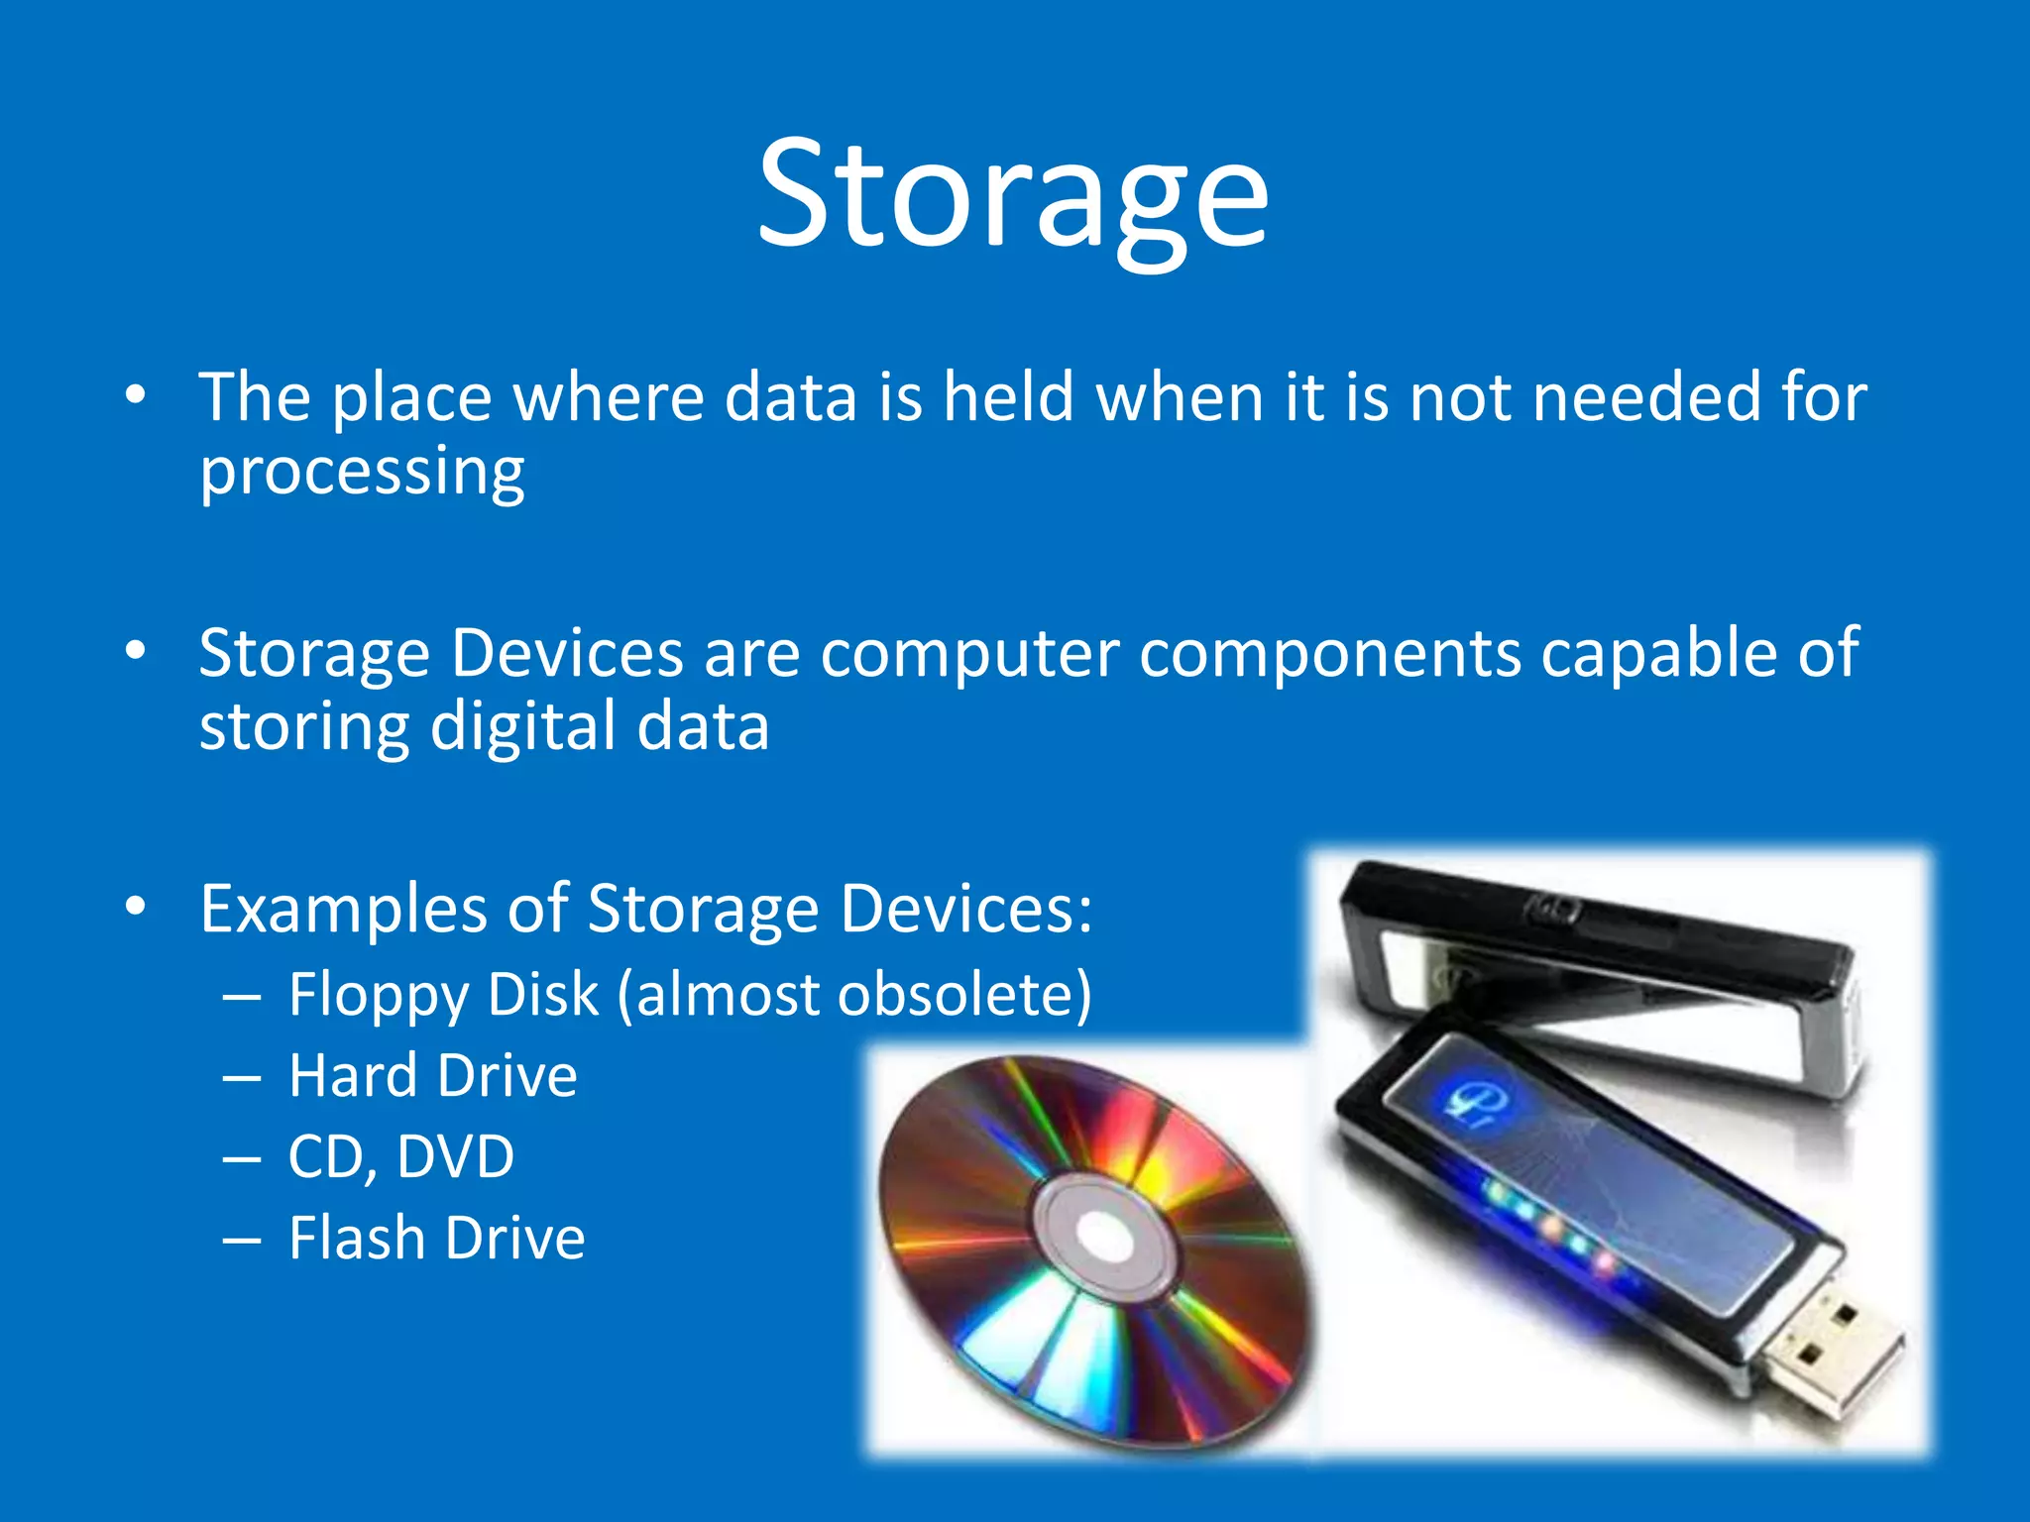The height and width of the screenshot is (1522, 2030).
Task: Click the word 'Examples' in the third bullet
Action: [x=343, y=909]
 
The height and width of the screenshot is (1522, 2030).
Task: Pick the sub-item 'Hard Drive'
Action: [x=432, y=1075]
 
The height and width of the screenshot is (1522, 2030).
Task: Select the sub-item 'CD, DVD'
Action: [x=400, y=1156]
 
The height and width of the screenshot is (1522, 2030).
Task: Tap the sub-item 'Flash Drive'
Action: [x=436, y=1238]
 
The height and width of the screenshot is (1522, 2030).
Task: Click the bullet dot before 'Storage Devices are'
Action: [x=136, y=651]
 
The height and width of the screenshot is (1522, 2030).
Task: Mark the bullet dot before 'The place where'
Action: [x=136, y=395]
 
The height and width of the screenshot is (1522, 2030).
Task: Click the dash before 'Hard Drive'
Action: [x=242, y=1077]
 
